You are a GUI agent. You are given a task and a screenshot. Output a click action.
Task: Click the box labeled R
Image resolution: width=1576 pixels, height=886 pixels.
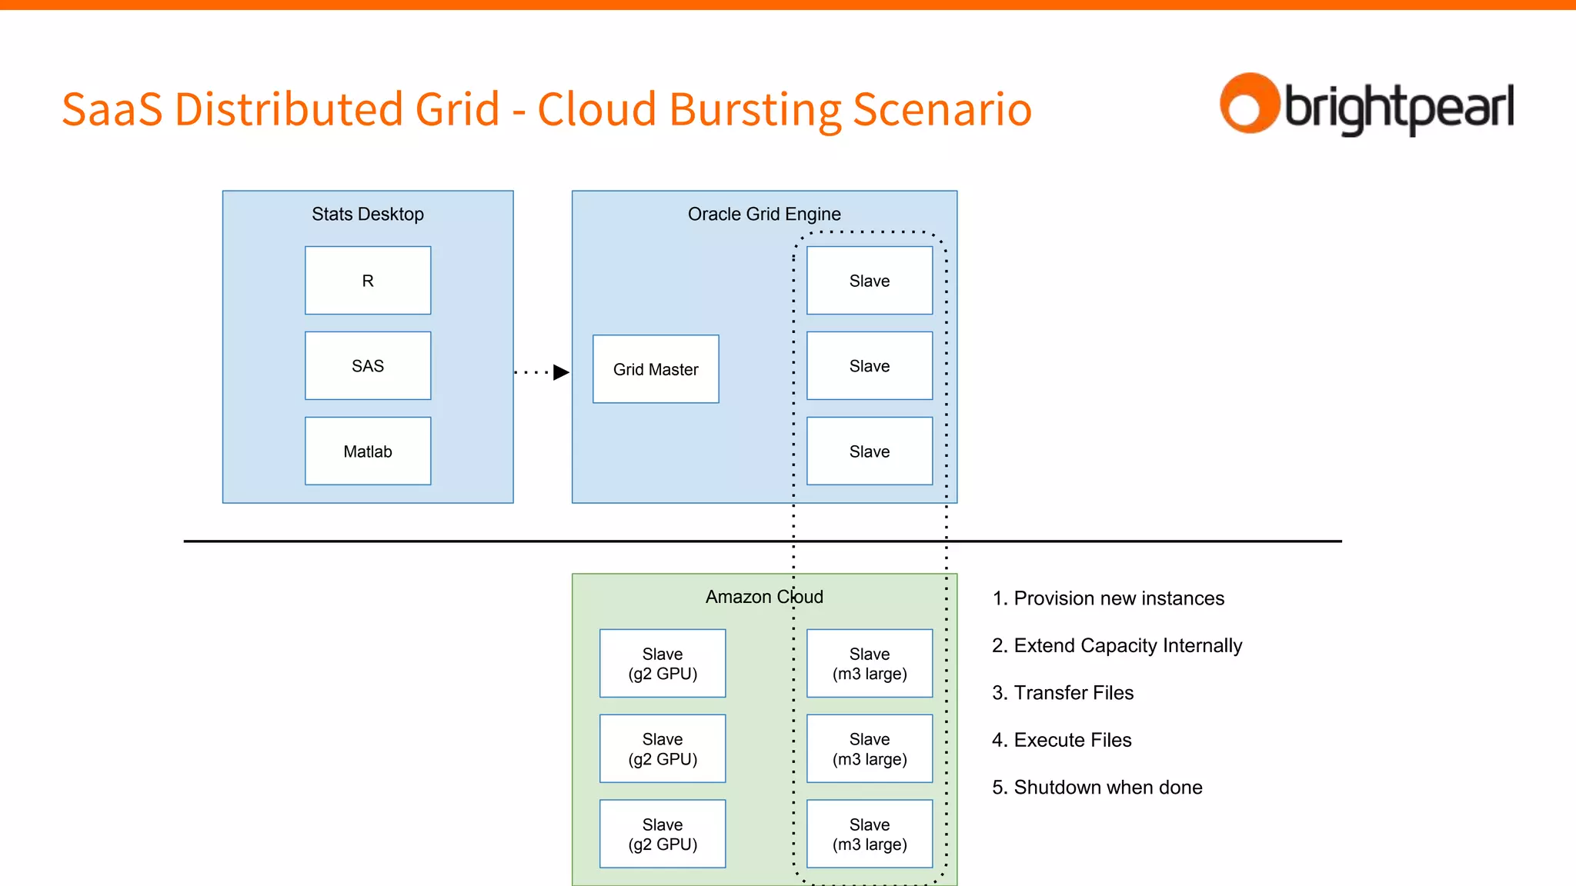pos(368,281)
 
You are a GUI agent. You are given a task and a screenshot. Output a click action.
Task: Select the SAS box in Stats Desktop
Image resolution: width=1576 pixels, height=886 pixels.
pos(368,366)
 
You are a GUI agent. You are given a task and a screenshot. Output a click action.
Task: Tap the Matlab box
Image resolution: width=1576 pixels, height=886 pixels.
pos(368,451)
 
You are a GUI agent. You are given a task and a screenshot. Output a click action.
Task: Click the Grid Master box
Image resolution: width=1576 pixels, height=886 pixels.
pos(656,369)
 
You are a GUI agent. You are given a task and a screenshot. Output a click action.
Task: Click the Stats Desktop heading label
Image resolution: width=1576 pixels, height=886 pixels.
pos(368,214)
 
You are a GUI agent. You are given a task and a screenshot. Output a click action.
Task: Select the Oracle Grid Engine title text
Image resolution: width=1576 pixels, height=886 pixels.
pos(764,214)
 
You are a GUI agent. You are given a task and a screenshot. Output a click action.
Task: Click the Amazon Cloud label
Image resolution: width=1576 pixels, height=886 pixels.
pos(764,597)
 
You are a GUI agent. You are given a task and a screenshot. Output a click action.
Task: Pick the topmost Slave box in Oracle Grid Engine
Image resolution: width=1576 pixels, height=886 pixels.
pos(870,281)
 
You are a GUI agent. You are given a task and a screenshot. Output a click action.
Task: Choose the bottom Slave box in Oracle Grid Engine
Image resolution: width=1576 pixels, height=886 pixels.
pos(870,451)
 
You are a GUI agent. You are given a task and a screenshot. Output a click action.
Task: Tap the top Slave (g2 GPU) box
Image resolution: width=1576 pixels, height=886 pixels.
pos(663,664)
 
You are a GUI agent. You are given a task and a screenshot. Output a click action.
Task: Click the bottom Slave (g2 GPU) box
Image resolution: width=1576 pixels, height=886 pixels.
pos(663,834)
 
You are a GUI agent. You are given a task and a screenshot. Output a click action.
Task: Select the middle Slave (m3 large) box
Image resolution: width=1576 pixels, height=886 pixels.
pos(870,749)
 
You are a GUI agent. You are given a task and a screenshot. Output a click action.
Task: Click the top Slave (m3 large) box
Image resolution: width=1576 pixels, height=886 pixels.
pos(870,664)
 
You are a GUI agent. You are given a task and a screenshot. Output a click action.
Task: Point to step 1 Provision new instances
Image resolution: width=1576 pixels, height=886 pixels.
pos(1108,598)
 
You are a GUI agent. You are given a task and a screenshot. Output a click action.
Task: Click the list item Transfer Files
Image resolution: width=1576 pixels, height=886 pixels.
pos(1063,693)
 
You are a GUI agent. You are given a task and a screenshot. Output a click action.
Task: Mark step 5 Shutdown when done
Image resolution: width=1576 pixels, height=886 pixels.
pos(1097,788)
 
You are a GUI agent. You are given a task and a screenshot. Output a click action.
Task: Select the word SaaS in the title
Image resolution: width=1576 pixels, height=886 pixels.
pos(112,109)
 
